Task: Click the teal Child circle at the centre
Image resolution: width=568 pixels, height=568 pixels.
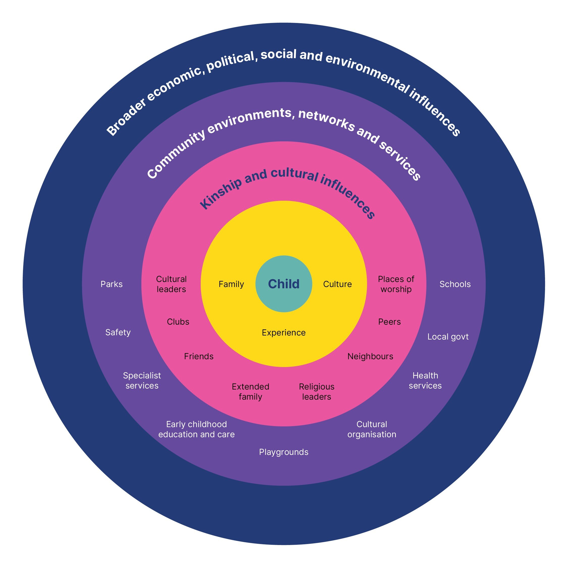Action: (284, 284)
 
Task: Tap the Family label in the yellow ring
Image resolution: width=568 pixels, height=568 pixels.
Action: (231, 284)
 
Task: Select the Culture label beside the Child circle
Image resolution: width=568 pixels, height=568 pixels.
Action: (337, 284)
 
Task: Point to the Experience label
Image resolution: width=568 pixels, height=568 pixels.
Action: (284, 332)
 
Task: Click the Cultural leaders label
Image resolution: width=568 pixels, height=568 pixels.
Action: (171, 284)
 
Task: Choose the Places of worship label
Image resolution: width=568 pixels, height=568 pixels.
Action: (396, 284)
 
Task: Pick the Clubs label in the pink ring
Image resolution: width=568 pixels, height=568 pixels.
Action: (178, 322)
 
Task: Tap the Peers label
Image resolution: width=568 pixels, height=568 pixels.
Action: (389, 322)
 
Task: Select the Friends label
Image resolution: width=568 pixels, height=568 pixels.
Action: (199, 356)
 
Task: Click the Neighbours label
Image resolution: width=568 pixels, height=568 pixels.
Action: (370, 356)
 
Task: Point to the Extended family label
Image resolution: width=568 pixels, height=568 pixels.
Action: (250, 392)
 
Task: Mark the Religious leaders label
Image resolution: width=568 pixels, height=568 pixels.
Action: (317, 392)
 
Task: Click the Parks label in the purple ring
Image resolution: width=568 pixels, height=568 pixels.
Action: (111, 284)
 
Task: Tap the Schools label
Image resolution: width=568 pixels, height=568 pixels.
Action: (455, 284)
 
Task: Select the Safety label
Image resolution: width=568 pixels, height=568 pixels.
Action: (118, 332)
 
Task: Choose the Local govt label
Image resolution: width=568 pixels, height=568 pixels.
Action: (448, 337)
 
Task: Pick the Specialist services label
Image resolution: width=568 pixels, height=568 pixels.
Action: (142, 380)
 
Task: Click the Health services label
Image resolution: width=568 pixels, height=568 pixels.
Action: (425, 380)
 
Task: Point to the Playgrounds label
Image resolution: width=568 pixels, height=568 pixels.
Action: (284, 452)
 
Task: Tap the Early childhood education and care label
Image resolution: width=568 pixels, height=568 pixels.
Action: (196, 429)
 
